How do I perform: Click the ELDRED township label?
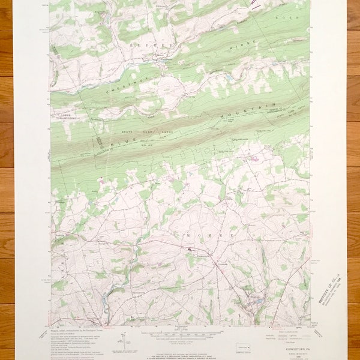click(158, 45)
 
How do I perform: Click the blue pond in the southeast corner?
click(258, 301)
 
